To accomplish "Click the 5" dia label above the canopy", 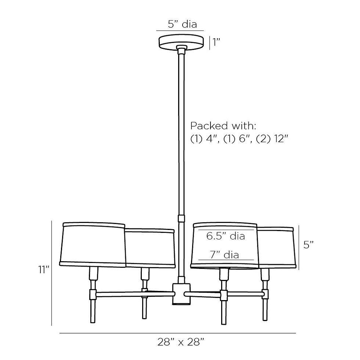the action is [182, 24].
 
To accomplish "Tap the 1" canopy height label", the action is [216, 42].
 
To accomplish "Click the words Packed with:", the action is [223, 126].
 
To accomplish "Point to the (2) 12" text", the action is [272, 139].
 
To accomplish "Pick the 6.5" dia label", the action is [226, 236].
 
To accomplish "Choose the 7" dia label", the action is [224, 255].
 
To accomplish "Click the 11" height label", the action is [44, 270].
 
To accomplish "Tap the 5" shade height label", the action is [308, 245].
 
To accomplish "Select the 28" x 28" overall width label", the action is [181, 342].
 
